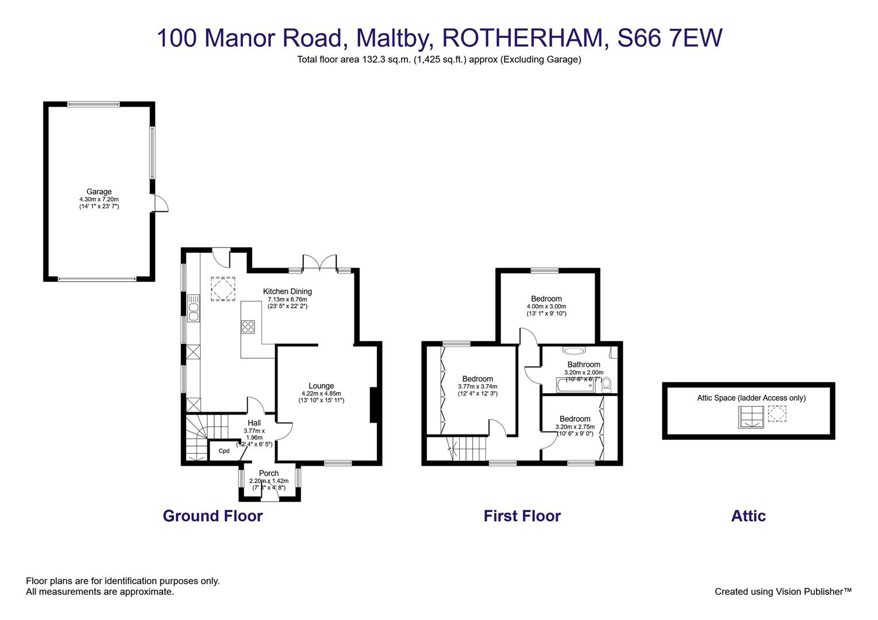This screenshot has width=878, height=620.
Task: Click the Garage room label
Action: (x=99, y=192)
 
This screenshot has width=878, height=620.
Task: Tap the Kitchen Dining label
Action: (x=287, y=292)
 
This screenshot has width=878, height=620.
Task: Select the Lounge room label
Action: (x=321, y=386)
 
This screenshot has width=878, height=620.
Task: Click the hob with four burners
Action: (x=248, y=327)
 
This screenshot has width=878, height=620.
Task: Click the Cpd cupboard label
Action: (x=224, y=451)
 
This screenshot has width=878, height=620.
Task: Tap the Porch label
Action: (x=269, y=474)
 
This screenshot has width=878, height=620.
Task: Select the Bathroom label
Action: (x=584, y=365)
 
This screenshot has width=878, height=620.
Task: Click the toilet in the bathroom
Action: (x=606, y=383)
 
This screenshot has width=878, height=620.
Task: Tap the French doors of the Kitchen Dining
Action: (x=319, y=262)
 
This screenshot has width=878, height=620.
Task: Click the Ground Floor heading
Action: (x=213, y=516)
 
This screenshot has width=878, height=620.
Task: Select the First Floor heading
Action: (x=522, y=516)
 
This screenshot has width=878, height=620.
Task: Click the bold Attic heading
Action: (x=748, y=516)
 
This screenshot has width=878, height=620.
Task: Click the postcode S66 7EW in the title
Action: (x=669, y=38)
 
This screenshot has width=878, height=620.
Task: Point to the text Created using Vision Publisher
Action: (x=783, y=591)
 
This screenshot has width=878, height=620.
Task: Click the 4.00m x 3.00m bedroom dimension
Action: (x=546, y=307)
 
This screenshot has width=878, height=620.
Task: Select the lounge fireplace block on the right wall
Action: (x=373, y=405)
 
